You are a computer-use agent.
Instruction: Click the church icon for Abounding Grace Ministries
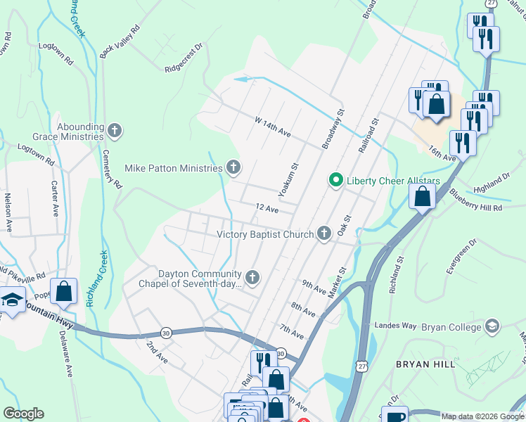tap(115, 130)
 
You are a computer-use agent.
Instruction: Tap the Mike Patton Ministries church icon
tap(233, 167)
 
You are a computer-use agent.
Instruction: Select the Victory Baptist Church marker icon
tap(323, 234)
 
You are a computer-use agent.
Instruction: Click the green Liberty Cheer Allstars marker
tap(336, 181)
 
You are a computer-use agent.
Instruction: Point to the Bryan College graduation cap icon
tap(492, 326)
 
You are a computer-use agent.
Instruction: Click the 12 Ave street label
tap(267, 209)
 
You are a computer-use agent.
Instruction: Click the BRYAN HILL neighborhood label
tap(426, 364)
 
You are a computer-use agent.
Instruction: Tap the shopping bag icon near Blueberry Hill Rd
tap(422, 197)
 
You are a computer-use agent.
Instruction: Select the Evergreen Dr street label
tap(461, 256)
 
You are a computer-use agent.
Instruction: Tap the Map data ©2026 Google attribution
tap(482, 416)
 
